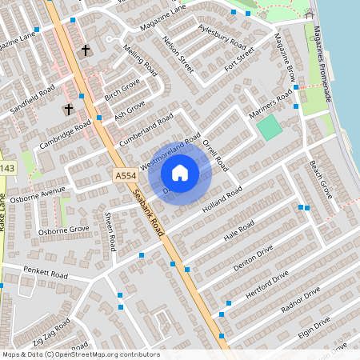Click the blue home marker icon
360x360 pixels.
pos(180,173)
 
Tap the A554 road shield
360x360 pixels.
pos(124,176)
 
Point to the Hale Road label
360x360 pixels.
pos(239,230)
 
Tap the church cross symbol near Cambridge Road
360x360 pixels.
pos(69,109)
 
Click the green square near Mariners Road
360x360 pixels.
pos(270,126)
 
